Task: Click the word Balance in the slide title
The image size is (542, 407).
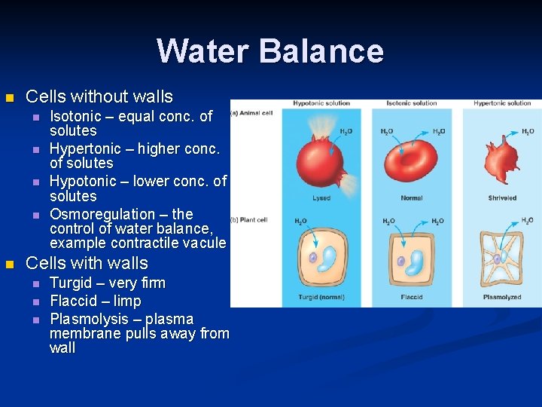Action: point(321,51)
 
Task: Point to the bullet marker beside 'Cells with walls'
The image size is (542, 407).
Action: point(9,265)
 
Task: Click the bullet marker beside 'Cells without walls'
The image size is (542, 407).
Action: point(9,97)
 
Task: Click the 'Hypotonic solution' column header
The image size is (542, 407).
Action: point(321,103)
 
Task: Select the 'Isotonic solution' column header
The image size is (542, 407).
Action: point(411,103)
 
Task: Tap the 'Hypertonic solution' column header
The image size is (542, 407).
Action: point(502,103)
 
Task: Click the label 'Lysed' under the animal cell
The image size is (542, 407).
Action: point(321,198)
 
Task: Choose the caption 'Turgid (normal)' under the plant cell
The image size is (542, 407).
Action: point(321,297)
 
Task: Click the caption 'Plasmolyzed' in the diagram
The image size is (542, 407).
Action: point(502,297)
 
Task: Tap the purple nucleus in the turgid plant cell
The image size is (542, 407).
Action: point(312,258)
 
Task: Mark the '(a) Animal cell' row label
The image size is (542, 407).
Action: point(253,113)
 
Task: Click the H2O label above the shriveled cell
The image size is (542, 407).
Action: point(528,131)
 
